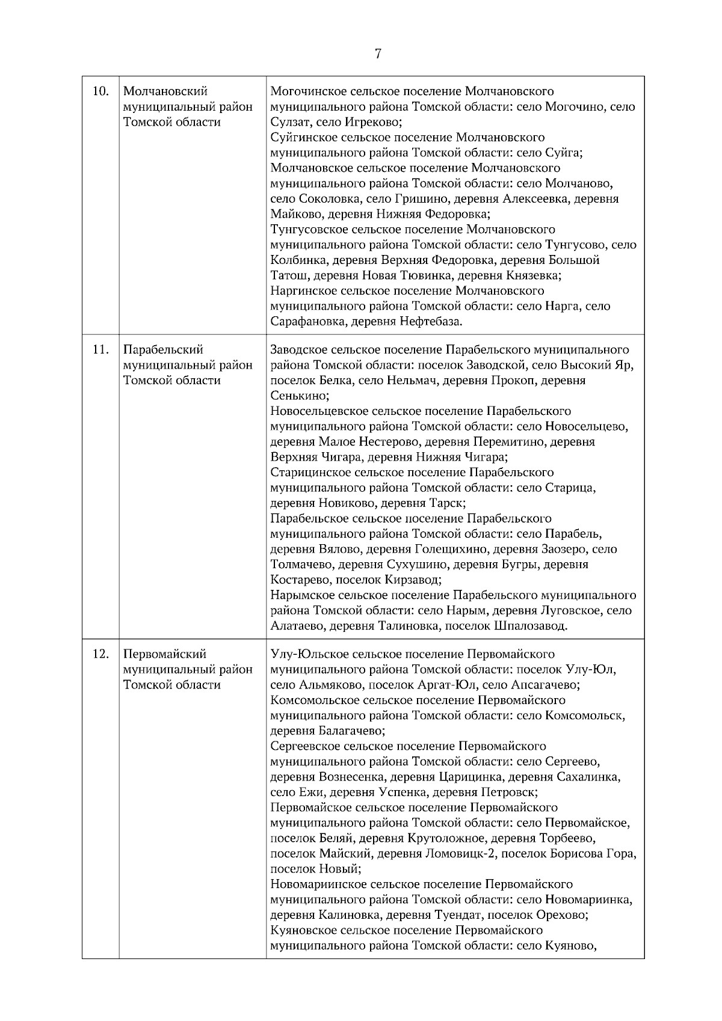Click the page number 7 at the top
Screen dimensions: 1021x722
tap(378, 54)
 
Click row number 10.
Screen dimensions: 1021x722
tap(100, 91)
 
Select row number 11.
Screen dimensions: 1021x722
tap(100, 350)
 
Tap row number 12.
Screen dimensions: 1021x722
tap(100, 654)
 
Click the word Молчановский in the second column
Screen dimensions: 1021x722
tap(165, 91)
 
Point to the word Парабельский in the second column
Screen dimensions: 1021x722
tap(163, 350)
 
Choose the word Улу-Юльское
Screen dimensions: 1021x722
tap(306, 654)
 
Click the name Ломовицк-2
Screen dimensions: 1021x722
tap(460, 854)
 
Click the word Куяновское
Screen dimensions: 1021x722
tap(304, 931)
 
